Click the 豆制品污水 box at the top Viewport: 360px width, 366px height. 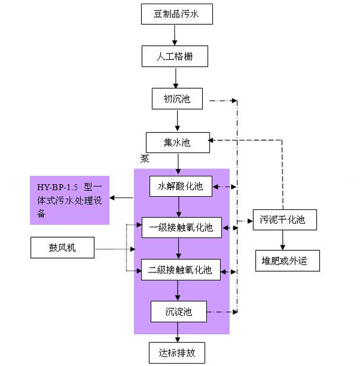pyautogui.click(x=177, y=14)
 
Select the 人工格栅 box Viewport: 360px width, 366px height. pyautogui.click(x=175, y=57)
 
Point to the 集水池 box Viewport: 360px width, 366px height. pyautogui.click(x=177, y=143)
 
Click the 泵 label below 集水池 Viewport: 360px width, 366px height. pyautogui.click(x=145, y=160)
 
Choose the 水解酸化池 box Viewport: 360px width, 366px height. pyautogui.click(x=181, y=186)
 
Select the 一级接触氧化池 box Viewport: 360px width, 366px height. pyautogui.click(x=181, y=227)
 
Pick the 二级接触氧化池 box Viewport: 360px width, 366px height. pyautogui.click(x=181, y=269)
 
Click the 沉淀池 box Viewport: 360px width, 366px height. pyautogui.click(x=179, y=311)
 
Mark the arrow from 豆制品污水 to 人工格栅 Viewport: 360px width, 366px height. pyautogui.click(x=175, y=35)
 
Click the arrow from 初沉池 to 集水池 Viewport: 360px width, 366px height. pyautogui.click(x=178, y=121)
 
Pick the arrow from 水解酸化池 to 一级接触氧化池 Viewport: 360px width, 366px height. pyautogui.click(x=180, y=206)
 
